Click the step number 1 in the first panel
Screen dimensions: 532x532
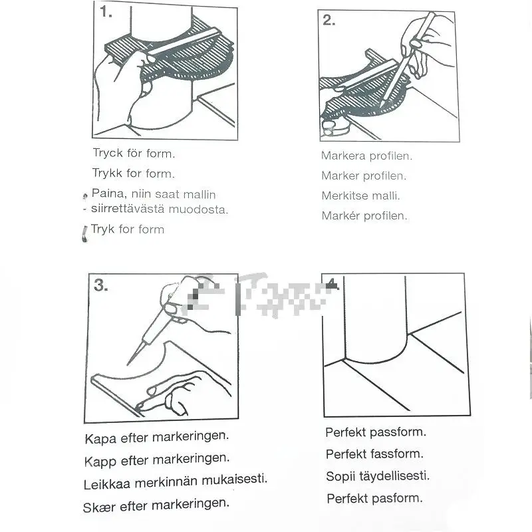(106, 12)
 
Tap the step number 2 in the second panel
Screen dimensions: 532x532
(329, 21)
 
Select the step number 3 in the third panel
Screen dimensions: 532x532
(101, 285)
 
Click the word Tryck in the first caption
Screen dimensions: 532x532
(108, 154)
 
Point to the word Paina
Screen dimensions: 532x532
(109, 194)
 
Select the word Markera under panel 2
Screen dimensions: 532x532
(343, 156)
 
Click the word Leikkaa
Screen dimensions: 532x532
(107, 484)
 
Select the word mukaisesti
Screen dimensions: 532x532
(235, 479)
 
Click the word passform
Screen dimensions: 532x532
(398, 432)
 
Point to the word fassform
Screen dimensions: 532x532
(397, 454)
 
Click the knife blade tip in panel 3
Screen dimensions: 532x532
(128, 364)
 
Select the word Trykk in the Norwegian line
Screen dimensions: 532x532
(107, 173)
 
